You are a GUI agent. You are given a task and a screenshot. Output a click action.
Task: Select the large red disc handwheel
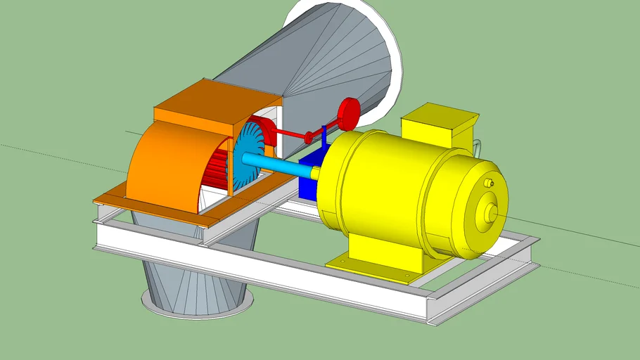[349, 112]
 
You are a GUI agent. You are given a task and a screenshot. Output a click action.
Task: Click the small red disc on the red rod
[308, 136]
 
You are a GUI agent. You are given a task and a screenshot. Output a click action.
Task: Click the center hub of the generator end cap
[491, 212]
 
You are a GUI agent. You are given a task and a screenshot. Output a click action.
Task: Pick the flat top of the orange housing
[204, 102]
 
